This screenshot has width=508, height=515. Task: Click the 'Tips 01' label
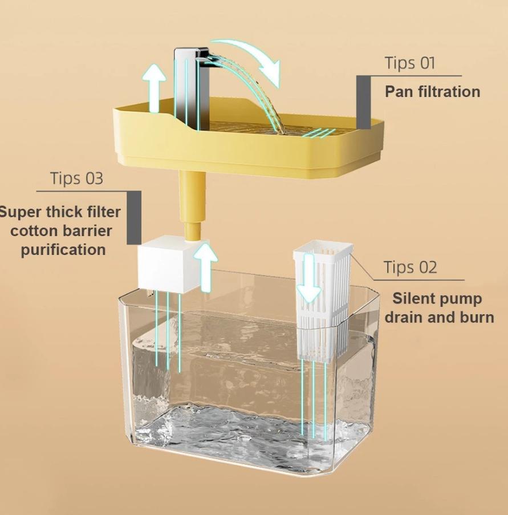(x=410, y=63)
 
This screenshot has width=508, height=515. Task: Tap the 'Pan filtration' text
(x=433, y=92)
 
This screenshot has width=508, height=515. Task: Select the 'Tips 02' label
(x=411, y=267)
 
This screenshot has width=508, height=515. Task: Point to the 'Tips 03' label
(x=77, y=179)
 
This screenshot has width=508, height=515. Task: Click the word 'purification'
(x=63, y=250)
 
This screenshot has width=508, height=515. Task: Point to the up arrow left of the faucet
(x=154, y=87)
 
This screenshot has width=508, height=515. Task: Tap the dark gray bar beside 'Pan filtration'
(x=364, y=103)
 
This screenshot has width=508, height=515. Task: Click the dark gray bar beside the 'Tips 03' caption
(x=135, y=218)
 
